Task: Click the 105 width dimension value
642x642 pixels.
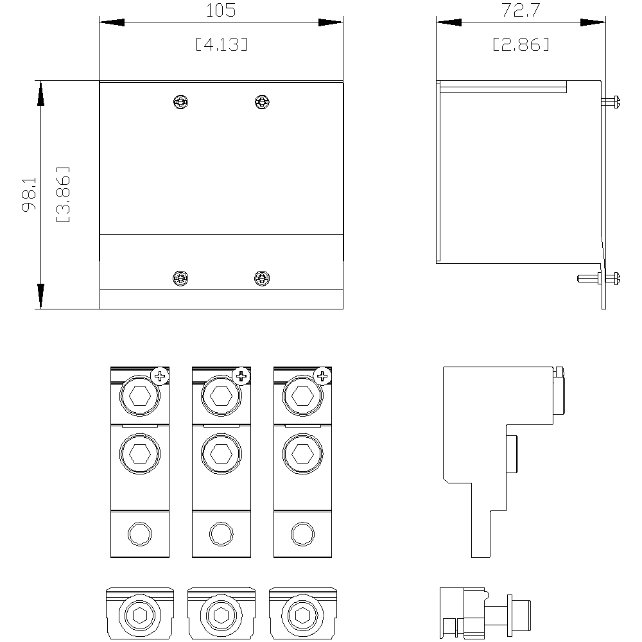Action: click(x=221, y=10)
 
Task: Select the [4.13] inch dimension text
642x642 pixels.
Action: click(x=221, y=44)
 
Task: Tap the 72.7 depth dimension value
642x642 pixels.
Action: click(x=521, y=10)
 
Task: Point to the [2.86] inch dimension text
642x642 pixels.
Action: click(x=521, y=44)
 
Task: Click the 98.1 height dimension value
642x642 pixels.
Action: click(x=30, y=194)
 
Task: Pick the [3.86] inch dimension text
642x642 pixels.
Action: click(x=63, y=194)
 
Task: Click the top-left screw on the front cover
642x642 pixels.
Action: click(x=180, y=101)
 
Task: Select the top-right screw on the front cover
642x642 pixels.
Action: click(x=262, y=101)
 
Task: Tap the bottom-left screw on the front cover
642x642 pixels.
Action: click(x=180, y=279)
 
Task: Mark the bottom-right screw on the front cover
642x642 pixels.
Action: click(x=262, y=279)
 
